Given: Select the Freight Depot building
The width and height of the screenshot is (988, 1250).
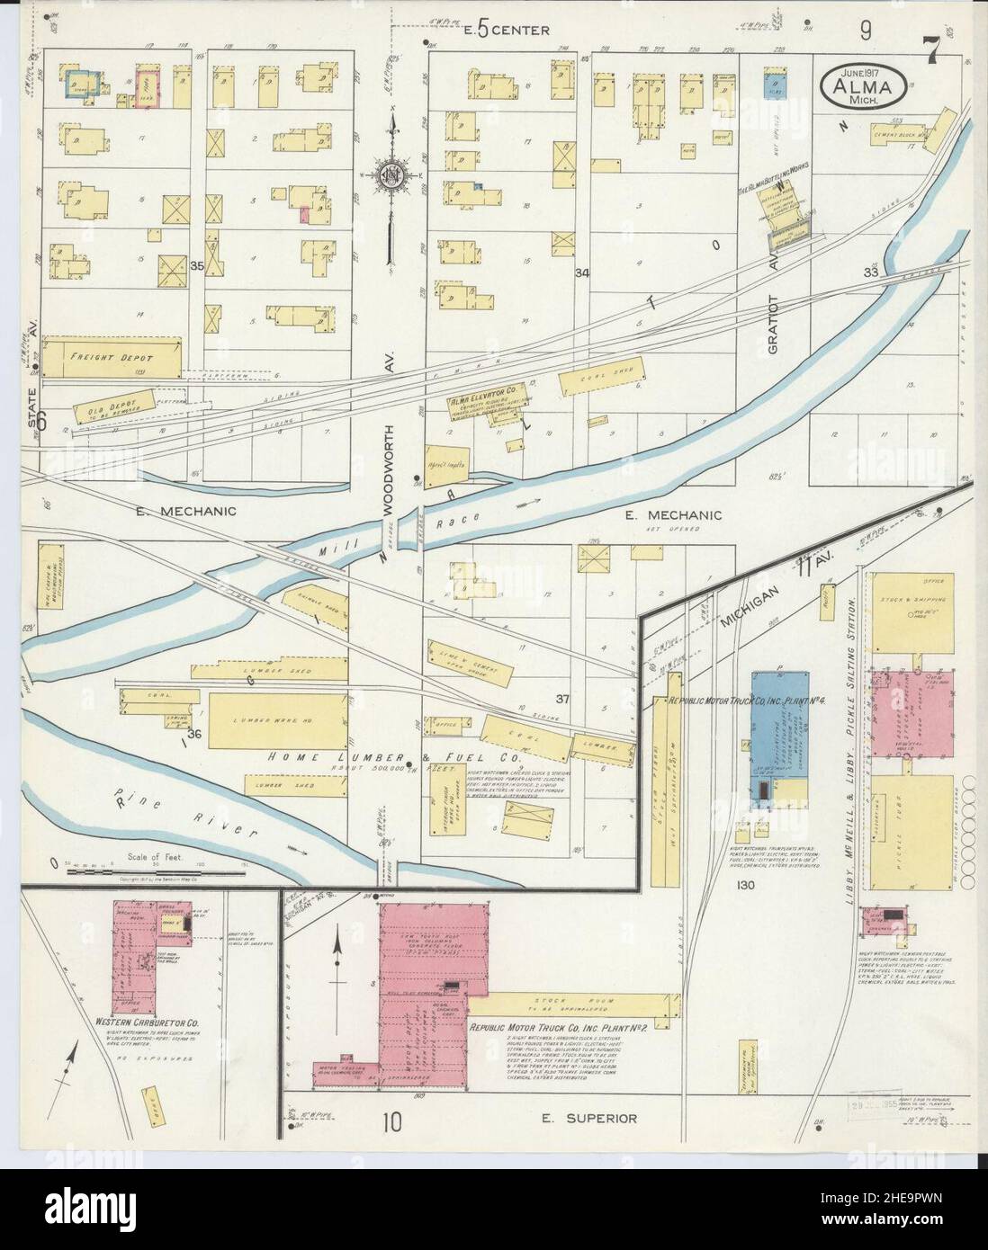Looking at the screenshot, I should click(111, 357).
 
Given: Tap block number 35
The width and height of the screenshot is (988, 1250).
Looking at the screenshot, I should click(197, 266).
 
